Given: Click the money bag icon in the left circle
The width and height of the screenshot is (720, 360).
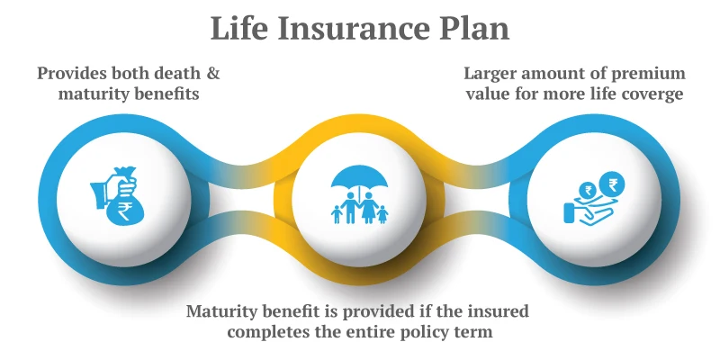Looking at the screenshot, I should pyautogui.click(x=116, y=197).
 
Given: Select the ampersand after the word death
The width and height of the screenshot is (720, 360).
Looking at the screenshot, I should pyautogui.click(x=212, y=73).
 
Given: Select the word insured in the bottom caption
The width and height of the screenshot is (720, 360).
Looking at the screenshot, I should pyautogui.click(x=493, y=311).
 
